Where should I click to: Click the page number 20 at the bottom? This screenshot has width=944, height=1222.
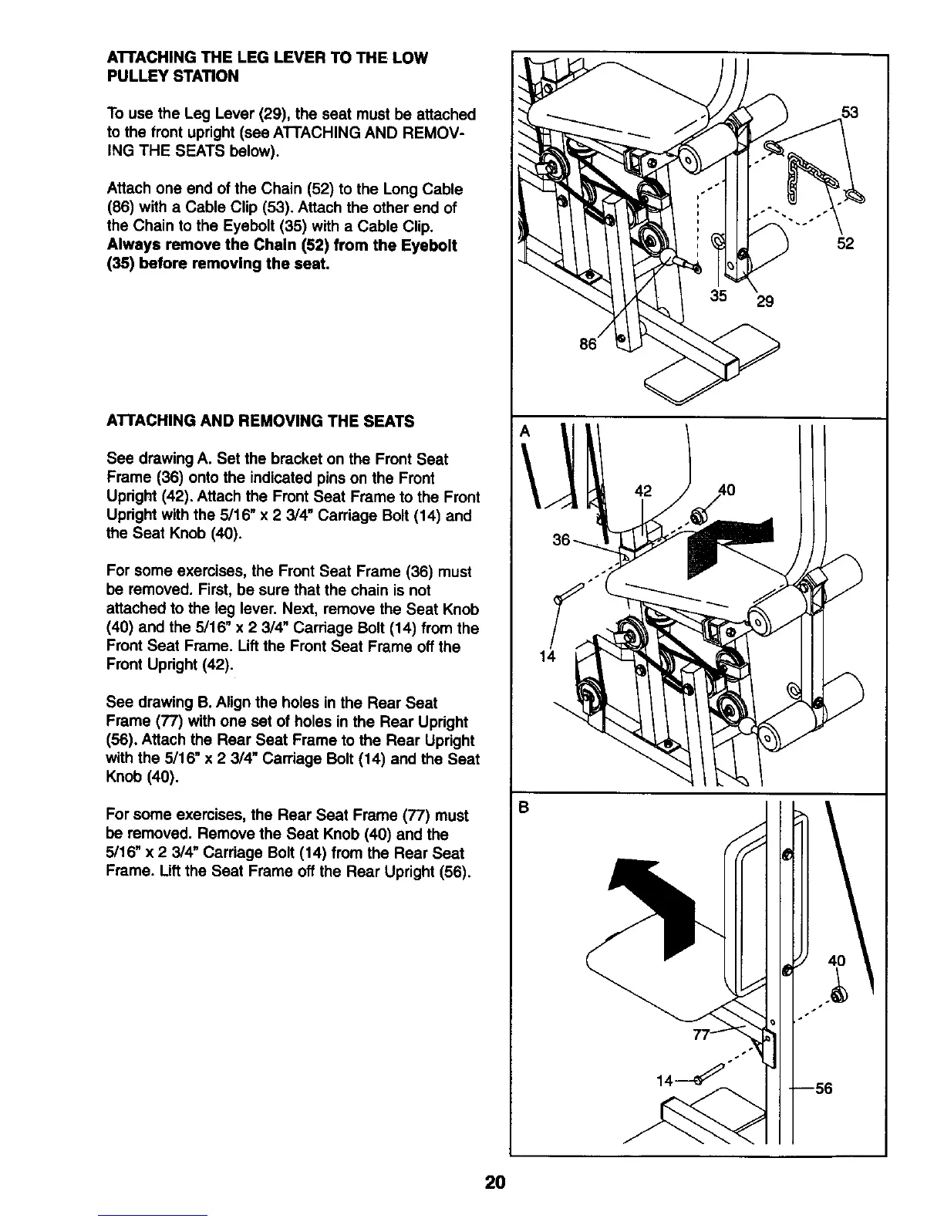tap(494, 1183)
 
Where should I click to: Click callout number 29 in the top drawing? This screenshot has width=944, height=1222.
tap(764, 301)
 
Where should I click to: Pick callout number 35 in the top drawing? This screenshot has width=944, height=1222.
tap(719, 295)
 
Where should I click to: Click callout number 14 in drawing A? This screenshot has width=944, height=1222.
tap(548, 657)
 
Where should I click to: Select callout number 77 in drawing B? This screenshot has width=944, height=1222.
tap(701, 1035)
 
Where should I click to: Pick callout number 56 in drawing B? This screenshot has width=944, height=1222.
tap(824, 1089)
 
